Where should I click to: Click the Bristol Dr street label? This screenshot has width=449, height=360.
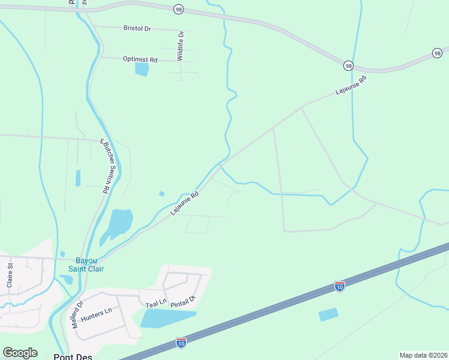tap(137, 28)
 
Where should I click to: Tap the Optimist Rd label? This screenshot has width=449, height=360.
tap(140, 60)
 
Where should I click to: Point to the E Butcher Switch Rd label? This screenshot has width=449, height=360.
tap(106, 166)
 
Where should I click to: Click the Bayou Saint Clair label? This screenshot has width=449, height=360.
tap(91, 265)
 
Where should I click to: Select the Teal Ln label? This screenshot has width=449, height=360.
tap(155, 305)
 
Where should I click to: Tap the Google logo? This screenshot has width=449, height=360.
tap(20, 353)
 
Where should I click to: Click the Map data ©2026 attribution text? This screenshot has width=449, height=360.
tap(423, 355)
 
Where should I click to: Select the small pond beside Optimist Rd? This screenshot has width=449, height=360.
tap(142, 69)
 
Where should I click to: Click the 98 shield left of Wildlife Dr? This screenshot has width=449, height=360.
tap(178, 9)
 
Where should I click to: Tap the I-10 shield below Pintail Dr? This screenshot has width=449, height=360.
tap(181, 342)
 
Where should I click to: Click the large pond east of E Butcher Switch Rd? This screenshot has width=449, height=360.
tap(119, 223)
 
